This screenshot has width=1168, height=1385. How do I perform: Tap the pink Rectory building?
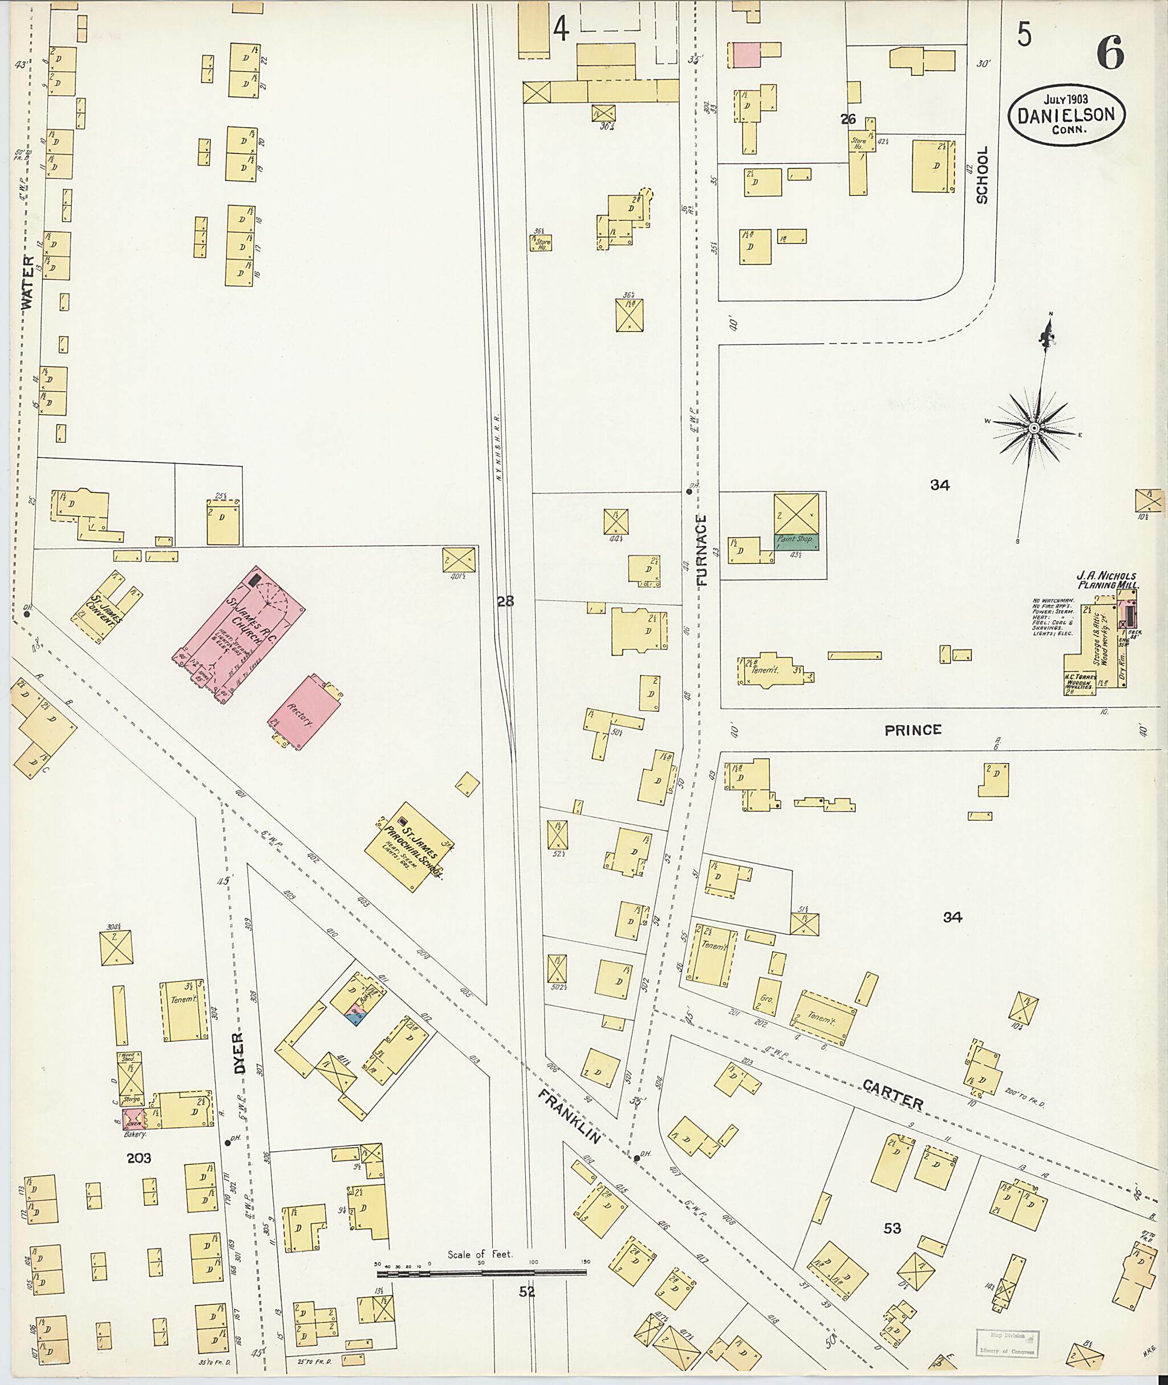pos(305,712)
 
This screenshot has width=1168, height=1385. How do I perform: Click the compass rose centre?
pos(1033,428)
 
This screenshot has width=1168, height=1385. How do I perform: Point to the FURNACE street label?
pos(703,550)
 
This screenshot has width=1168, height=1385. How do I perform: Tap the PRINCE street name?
pos(912,730)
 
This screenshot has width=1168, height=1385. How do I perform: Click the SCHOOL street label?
pos(982,175)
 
